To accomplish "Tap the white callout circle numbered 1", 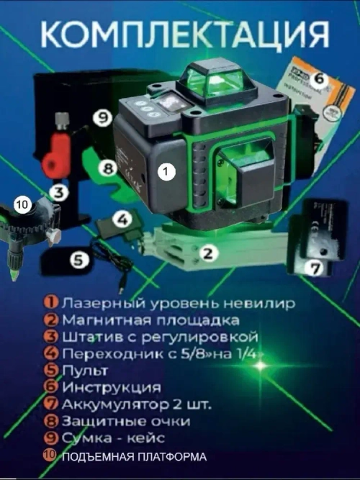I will coord(166,172).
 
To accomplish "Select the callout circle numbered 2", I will coord(209,253).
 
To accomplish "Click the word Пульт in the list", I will coord(84,371).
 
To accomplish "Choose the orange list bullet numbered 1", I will coord(51,304).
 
